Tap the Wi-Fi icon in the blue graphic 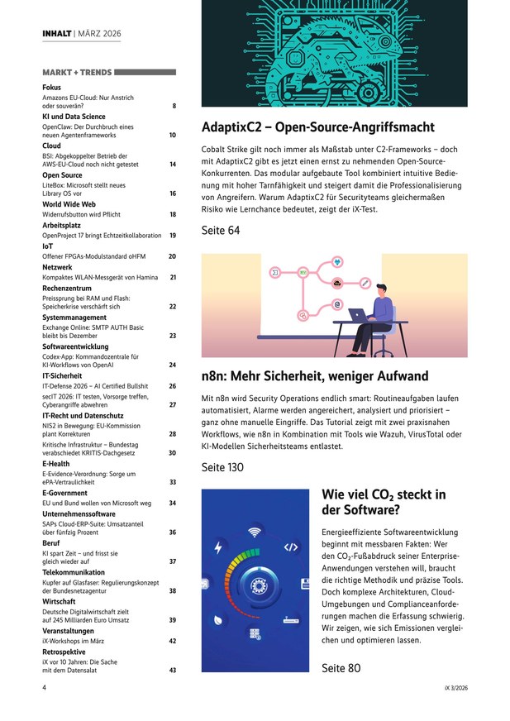click(255, 532)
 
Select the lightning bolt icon click(218, 547)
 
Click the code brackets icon click(291, 547)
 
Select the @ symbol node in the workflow click(337, 304)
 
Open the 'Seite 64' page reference click(221, 231)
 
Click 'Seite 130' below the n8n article click(222, 467)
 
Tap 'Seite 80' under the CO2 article click(341, 668)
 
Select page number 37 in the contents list click(173, 561)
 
